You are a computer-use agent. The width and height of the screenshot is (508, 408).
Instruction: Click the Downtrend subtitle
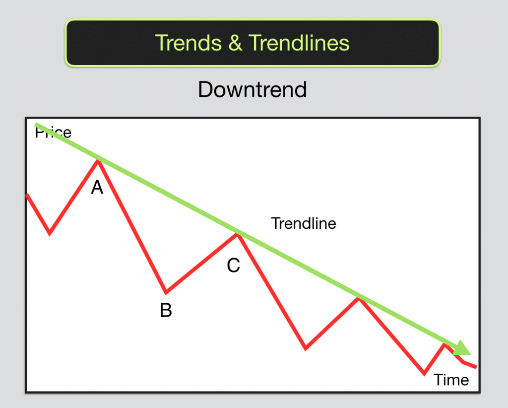coord(252,90)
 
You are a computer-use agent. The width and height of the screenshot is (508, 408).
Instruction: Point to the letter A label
coord(97,187)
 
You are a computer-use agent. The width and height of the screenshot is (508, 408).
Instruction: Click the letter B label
coord(166,310)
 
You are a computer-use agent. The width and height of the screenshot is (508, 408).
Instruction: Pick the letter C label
coord(233,266)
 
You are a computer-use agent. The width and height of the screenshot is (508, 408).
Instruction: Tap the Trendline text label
coord(304,223)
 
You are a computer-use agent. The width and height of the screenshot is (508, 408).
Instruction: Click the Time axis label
coord(451,380)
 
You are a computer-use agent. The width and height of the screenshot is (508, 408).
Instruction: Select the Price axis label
coord(53,133)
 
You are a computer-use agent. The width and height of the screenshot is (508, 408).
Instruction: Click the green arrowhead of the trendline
coord(463,348)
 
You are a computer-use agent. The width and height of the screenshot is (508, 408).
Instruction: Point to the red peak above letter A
coord(99,161)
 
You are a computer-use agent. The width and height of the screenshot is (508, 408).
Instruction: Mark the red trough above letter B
coord(166,292)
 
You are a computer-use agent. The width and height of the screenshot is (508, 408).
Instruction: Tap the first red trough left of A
coord(50,233)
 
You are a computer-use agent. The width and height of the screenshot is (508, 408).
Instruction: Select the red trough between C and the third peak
coord(306,348)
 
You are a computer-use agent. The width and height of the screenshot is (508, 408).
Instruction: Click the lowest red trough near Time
coord(424,374)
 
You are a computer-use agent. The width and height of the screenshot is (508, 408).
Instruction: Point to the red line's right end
coord(475,367)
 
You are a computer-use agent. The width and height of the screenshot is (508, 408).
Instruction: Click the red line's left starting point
coord(27,195)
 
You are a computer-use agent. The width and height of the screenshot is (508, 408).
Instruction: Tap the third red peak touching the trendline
coord(358,299)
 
